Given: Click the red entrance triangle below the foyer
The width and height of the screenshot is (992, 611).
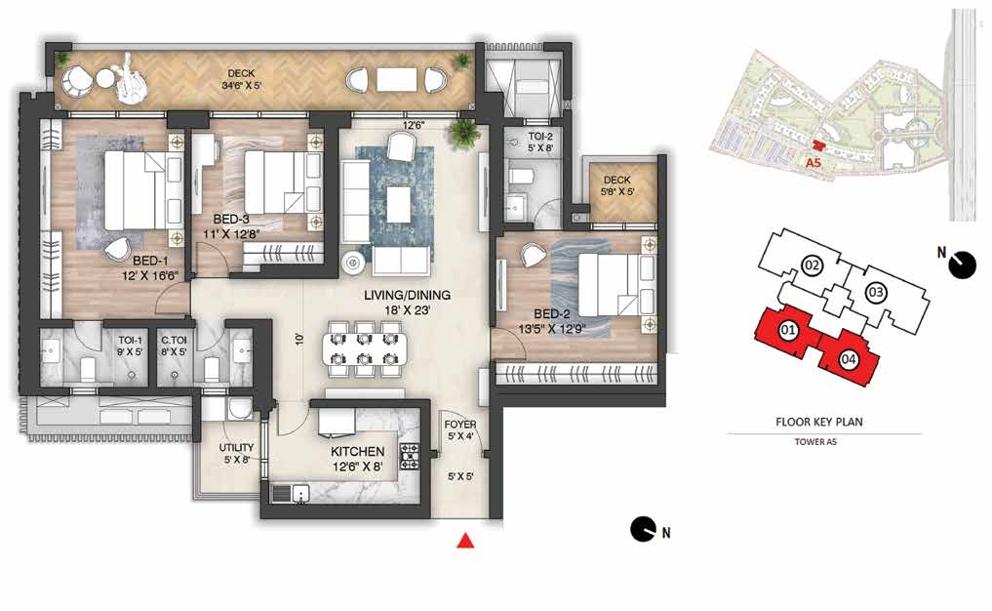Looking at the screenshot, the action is coord(465,540).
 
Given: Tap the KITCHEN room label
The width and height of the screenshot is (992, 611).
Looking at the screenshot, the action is coord(357,452).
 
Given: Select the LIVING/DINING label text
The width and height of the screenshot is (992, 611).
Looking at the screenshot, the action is coord(408,295).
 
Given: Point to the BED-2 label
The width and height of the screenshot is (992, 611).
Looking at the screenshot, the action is coord(552,314).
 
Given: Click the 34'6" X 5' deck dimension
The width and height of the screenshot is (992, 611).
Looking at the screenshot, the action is coord(241,85).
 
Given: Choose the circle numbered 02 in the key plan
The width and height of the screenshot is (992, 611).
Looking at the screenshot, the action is coord(812,265).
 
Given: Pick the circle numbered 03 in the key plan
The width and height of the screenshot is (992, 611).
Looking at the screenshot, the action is coord(876,293).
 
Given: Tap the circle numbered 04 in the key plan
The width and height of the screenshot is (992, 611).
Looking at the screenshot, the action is coord(849,359).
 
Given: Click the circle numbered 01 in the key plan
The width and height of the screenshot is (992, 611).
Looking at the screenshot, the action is coord(788,330).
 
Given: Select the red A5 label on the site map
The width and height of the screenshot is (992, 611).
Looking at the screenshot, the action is coord(813,163).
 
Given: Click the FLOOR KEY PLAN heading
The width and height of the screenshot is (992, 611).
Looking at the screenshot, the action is coord(819,422).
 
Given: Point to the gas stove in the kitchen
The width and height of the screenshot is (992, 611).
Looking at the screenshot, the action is coord(410,456).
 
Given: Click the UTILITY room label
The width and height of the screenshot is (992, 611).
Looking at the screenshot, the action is coord(237,448).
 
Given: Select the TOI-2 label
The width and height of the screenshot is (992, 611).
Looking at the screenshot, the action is coord(540,136).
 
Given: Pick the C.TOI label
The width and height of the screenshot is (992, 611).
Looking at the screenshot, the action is coord(174,340).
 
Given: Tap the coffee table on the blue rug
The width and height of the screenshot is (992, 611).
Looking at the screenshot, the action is coord(398,204).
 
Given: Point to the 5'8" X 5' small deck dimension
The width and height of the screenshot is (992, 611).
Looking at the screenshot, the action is coord(616,192).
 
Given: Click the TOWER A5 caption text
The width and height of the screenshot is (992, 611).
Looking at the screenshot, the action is coord(815,442).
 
